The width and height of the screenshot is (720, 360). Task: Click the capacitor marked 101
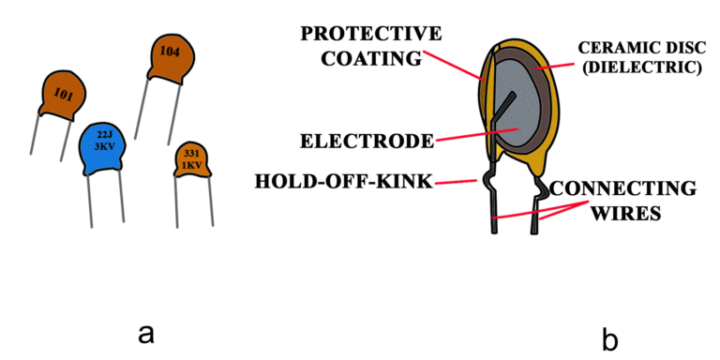(63, 94)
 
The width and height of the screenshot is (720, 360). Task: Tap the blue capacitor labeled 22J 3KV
(104, 150)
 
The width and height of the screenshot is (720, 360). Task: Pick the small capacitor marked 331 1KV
(192, 159)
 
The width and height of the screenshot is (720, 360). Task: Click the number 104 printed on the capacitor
(170, 52)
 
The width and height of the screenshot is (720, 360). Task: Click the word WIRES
(627, 213)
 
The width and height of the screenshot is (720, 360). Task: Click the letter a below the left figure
(144, 332)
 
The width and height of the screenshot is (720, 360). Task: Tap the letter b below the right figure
(610, 335)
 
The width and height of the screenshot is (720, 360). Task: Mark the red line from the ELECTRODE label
(474, 136)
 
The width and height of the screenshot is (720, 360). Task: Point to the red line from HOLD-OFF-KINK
(461, 180)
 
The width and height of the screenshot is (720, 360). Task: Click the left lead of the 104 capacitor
(143, 108)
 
